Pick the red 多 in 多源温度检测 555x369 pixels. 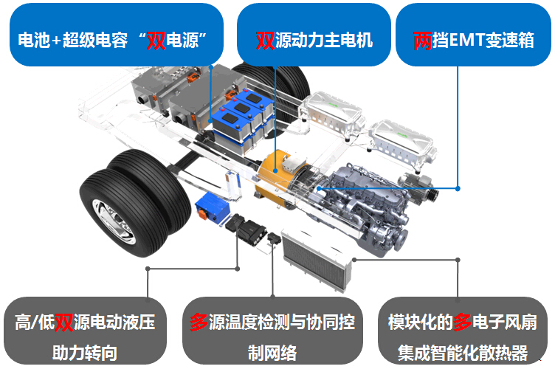click(x=198, y=323)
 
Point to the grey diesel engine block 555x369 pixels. click(x=369, y=199)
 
